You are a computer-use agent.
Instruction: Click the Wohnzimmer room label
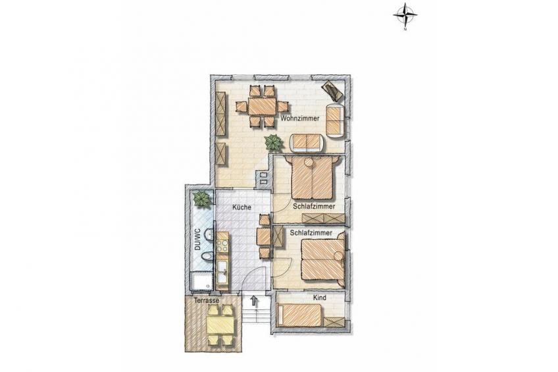point(299,119)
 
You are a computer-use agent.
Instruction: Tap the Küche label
point(241,207)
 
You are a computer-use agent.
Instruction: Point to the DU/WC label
point(198,239)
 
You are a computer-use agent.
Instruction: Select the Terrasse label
point(207,301)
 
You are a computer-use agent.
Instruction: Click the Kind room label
point(319,298)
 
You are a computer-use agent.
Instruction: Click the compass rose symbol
point(405,16)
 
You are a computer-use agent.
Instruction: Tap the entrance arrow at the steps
point(253,301)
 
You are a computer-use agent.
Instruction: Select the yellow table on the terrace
point(220,325)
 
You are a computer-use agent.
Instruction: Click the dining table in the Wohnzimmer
point(263,106)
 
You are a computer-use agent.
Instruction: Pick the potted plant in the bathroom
point(202,199)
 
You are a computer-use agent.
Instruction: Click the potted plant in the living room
point(274,142)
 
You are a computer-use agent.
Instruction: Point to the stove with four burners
point(223,246)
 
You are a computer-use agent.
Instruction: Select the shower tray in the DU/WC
point(202,282)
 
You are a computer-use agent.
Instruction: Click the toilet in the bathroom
point(207,257)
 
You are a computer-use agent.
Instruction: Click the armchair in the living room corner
point(334,90)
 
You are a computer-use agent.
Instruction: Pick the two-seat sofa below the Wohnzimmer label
point(308,143)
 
